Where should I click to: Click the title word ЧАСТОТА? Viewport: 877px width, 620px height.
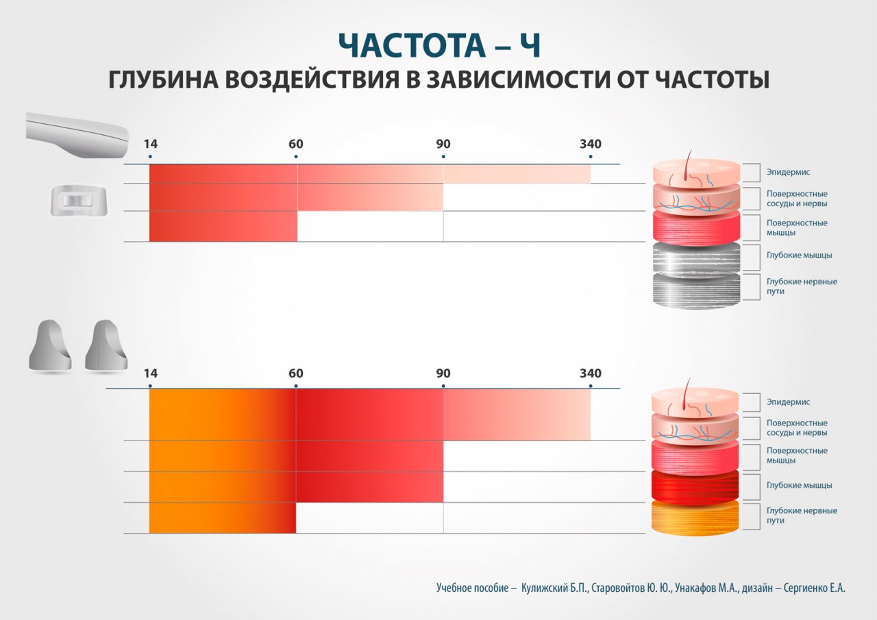tap(412, 45)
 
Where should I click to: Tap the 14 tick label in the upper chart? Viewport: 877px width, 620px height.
tap(150, 144)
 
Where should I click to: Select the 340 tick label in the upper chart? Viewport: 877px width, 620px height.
tap(591, 144)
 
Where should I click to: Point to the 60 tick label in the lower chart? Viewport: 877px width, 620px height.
tap(295, 373)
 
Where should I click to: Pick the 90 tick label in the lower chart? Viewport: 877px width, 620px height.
tap(443, 373)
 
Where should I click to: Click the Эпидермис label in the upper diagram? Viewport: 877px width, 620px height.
tap(788, 172)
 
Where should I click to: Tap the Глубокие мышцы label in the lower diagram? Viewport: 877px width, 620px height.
tap(799, 485)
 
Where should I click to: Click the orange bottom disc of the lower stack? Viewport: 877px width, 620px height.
tap(695, 517)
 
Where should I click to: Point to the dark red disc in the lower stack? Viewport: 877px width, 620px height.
tap(695, 486)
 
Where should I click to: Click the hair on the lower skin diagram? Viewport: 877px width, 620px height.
tap(689, 395)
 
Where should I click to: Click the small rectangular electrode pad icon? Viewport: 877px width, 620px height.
tap(79, 201)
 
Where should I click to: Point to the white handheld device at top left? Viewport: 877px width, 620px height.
tap(77, 136)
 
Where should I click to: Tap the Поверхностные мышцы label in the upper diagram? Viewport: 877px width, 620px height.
tap(796, 227)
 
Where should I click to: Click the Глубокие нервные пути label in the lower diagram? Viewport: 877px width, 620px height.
tap(802, 515)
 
